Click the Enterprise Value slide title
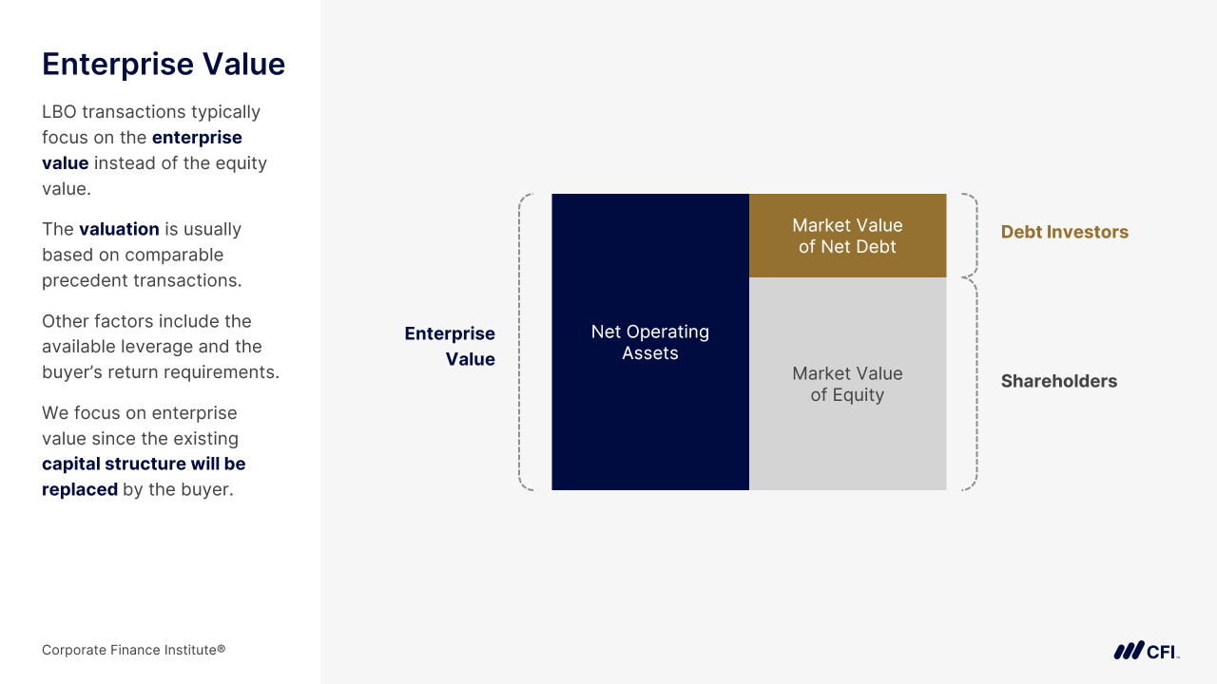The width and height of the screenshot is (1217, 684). click(x=164, y=65)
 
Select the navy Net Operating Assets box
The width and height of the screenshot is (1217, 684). click(x=650, y=342)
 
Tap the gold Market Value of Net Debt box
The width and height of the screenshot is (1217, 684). click(x=847, y=236)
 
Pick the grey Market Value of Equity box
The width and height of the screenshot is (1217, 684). click(x=847, y=384)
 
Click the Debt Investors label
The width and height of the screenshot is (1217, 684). click(x=1064, y=232)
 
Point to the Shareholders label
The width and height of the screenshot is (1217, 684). click(x=1059, y=381)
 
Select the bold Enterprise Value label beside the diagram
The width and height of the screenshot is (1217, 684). click(x=450, y=346)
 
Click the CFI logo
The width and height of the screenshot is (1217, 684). click(x=1147, y=651)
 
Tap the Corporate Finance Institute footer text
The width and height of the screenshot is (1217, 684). click(x=134, y=650)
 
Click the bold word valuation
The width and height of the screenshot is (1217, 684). click(x=119, y=229)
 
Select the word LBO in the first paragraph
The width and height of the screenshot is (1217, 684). click(x=59, y=112)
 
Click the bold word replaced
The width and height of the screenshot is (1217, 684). click(x=80, y=489)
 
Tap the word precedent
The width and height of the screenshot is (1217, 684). click(x=86, y=280)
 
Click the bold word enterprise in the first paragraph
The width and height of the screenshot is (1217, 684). click(x=197, y=138)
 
